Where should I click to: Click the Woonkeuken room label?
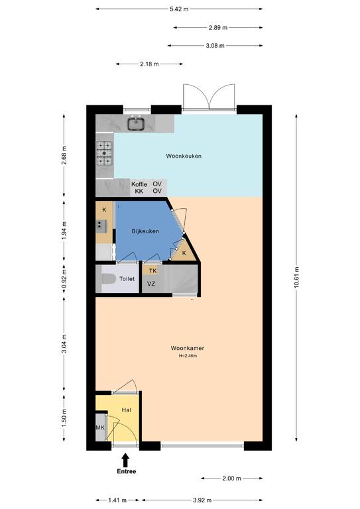tap(184, 156)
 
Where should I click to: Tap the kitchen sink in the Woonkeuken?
tap(136, 123)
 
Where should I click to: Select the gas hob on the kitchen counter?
tap(104, 152)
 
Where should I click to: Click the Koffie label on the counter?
tap(139, 184)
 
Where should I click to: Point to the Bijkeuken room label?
tap(145, 231)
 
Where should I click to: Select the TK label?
tap(152, 270)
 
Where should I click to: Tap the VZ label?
tap(151, 284)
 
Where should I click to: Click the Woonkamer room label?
tap(188, 348)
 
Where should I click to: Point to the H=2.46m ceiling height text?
tap(188, 356)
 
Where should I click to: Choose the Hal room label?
tap(126, 410)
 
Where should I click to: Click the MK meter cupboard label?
tap(100, 427)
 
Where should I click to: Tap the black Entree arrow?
tap(125, 461)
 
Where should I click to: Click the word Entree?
tap(126, 471)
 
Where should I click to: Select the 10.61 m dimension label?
tap(296, 278)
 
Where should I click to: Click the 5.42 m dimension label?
tap(179, 9)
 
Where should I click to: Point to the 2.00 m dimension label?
tap(232, 478)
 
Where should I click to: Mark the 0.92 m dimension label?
tap(64, 279)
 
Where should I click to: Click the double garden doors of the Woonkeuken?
tap(209, 97)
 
